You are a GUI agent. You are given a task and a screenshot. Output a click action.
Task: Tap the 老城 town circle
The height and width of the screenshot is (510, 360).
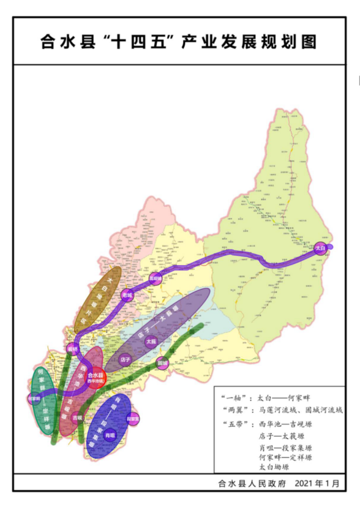click(x=127, y=294)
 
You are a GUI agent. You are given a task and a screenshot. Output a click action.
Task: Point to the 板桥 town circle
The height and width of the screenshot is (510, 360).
click(x=73, y=348)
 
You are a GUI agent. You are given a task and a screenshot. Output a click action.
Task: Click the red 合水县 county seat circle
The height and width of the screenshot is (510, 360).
click(x=96, y=378)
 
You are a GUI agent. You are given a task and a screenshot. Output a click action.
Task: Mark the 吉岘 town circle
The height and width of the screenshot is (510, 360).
click(x=77, y=418)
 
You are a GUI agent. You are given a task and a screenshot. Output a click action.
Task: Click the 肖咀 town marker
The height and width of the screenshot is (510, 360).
click(x=110, y=435)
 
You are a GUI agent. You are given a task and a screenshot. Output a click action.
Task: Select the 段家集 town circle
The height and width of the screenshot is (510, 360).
click(x=132, y=419)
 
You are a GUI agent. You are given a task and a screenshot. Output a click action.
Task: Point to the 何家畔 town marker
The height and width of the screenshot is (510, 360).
click(x=36, y=399)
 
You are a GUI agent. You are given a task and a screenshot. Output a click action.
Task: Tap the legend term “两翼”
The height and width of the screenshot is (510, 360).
click(x=234, y=410)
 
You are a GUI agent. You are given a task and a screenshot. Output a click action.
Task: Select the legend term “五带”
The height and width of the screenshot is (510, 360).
click(x=234, y=424)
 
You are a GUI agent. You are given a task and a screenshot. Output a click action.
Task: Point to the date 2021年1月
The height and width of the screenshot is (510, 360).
click(x=317, y=483)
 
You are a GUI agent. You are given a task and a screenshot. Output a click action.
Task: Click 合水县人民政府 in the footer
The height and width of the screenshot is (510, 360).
click(x=252, y=483)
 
